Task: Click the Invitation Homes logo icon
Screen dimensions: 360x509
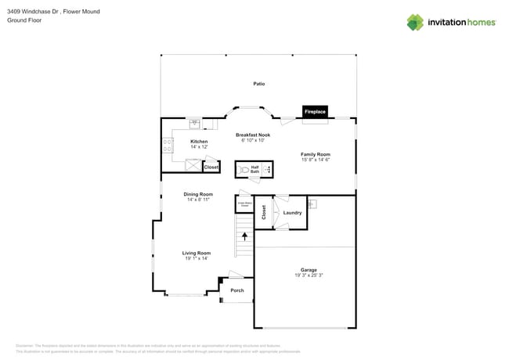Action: click(415, 22)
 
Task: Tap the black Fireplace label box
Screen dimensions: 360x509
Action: click(315, 112)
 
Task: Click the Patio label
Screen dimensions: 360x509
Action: click(258, 83)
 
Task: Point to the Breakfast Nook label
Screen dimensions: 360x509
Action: click(252, 135)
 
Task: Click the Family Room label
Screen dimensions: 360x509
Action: click(316, 154)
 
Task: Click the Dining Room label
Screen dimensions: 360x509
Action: click(198, 194)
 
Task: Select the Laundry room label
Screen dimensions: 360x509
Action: click(293, 213)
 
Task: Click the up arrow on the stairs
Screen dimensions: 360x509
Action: click(244, 235)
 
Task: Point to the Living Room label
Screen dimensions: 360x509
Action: click(197, 253)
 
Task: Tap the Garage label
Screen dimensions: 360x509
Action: click(309, 270)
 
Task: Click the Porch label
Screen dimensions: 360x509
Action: click(236, 290)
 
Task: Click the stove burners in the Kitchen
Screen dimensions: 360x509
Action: click(167, 145)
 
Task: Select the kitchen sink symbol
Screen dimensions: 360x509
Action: click(194, 123)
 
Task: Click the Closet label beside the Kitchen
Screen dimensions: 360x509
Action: click(211, 167)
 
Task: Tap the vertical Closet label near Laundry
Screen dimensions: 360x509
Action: click(264, 212)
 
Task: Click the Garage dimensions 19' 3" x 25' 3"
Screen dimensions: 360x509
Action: click(309, 275)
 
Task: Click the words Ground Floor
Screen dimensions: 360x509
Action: click(24, 20)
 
